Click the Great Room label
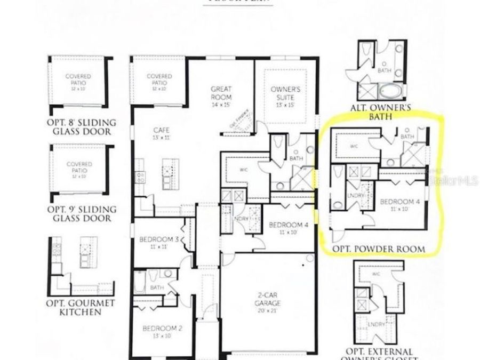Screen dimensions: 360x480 221,93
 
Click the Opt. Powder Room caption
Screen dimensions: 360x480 379,249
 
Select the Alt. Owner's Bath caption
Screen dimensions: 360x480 380,111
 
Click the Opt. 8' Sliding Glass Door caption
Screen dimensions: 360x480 82,126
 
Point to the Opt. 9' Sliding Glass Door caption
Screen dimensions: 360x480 82,214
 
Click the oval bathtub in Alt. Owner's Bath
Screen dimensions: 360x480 391,93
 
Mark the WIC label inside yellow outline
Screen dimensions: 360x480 354,146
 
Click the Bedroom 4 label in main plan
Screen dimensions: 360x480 289,225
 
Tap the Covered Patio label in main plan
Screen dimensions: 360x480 159,79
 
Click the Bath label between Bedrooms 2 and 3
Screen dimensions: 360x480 157,288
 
